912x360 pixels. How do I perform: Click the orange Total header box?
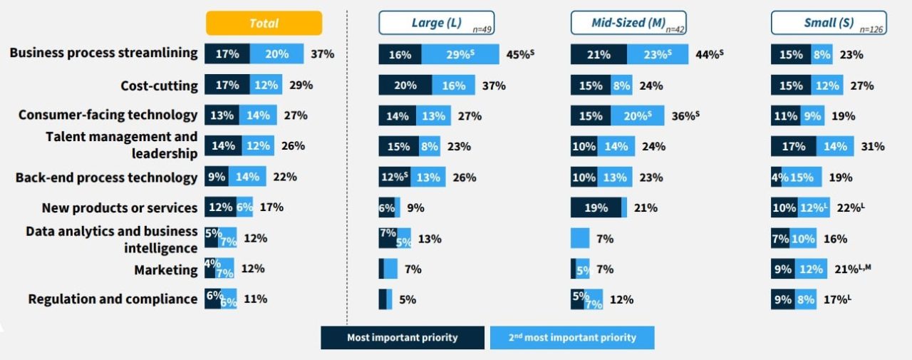(264, 23)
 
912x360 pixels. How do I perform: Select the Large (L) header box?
(437, 23)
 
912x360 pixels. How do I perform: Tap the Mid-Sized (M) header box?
(628, 23)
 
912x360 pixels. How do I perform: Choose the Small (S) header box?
(829, 23)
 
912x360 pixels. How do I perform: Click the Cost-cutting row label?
(159, 86)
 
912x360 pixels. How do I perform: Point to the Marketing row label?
(166, 269)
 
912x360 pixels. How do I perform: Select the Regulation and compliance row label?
(113, 299)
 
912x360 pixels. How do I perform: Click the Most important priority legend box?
(403, 337)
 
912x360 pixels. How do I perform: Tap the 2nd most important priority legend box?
(572, 337)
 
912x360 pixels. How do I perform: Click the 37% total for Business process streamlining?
(322, 53)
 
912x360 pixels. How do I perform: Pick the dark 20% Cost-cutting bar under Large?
(405, 85)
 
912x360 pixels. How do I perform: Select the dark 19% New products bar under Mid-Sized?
(596, 208)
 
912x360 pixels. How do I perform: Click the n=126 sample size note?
(872, 29)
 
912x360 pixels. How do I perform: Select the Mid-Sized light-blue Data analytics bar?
(580, 238)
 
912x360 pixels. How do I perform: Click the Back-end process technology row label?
(106, 178)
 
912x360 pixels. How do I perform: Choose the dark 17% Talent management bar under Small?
(793, 146)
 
